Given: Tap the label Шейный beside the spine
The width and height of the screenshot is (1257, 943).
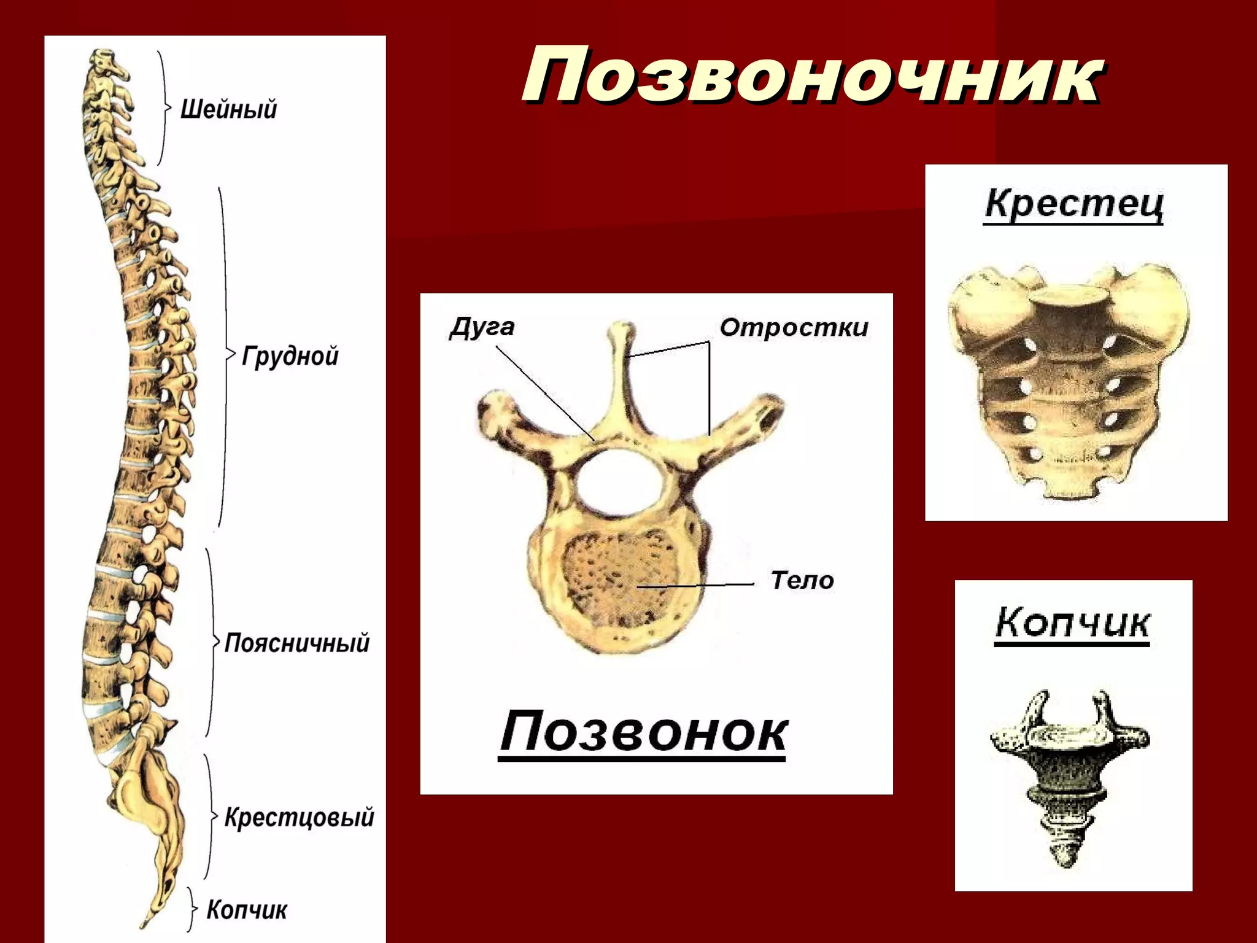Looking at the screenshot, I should point(228,109).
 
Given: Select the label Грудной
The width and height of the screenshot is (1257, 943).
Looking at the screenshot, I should point(290,355).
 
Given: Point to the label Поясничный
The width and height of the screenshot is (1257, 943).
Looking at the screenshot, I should point(297,643).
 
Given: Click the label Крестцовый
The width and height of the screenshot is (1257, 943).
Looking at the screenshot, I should point(299,817).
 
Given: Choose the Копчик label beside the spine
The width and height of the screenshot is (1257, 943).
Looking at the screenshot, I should point(247,909).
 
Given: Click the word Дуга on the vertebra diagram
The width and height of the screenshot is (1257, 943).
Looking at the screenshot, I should point(482,327).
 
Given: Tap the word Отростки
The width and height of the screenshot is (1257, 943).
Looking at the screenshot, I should point(794,327).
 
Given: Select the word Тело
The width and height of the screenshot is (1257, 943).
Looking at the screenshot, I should point(802,580).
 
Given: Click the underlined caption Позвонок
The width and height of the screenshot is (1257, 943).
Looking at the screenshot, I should point(643,732).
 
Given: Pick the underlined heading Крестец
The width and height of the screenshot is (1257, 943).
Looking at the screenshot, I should point(1073,204).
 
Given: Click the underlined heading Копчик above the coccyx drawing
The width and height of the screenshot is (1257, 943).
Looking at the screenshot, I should point(1072,623).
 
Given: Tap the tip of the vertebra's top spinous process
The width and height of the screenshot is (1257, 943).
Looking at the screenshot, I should point(621,329).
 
